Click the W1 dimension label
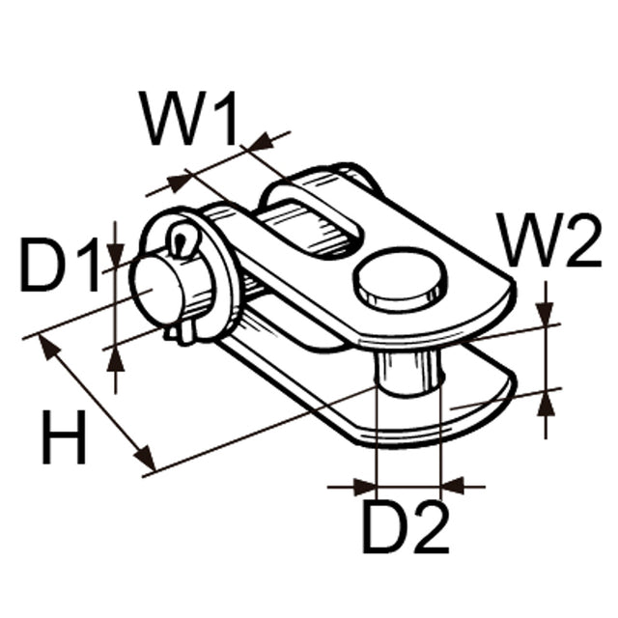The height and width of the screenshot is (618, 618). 189,120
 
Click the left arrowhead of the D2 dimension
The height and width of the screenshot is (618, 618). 365,486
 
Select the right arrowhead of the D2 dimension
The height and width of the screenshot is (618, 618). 452,486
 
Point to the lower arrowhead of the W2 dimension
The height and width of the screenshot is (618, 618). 548,399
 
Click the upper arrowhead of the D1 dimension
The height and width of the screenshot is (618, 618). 115,255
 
